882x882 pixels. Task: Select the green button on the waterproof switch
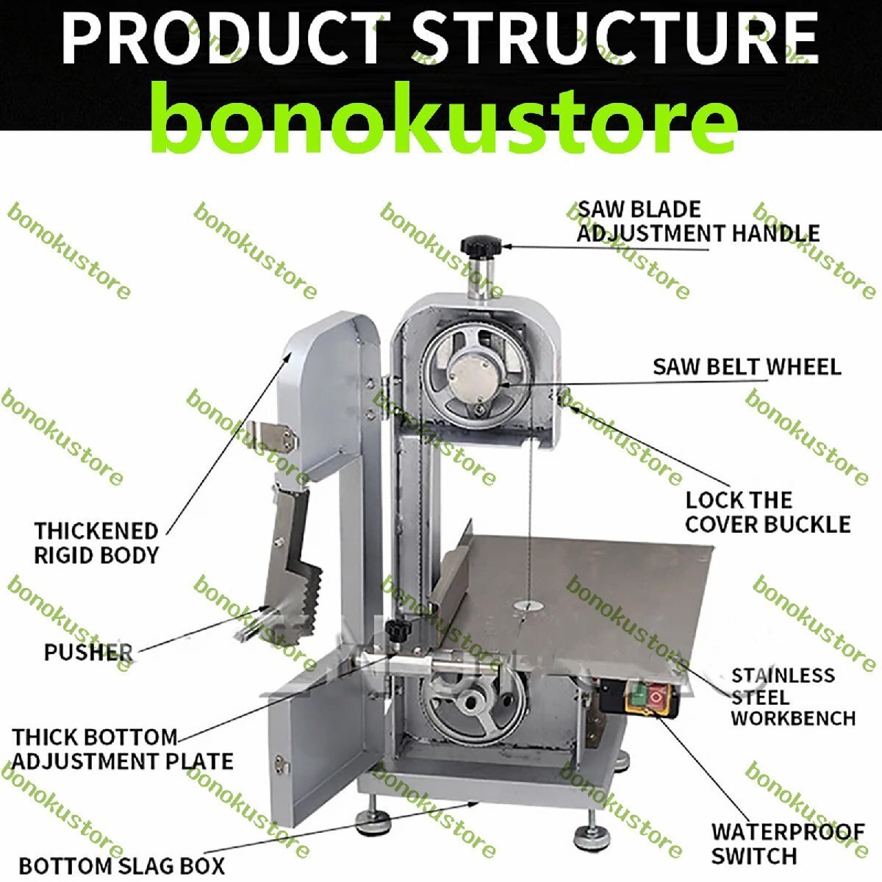pyautogui.click(x=637, y=694)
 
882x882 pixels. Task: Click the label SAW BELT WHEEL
pyautogui.click(x=746, y=366)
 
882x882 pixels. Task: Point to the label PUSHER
pyautogui.click(x=88, y=652)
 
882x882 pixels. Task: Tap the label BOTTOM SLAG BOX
pyautogui.click(x=122, y=865)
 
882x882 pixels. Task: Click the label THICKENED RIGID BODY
pyautogui.click(x=96, y=542)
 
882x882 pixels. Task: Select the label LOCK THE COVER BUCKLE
pyautogui.click(x=767, y=512)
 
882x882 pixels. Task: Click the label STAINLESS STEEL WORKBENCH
pyautogui.click(x=793, y=696)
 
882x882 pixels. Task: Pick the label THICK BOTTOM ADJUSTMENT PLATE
pyautogui.click(x=122, y=748)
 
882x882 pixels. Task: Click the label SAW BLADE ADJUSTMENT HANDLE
pyautogui.click(x=697, y=221)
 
